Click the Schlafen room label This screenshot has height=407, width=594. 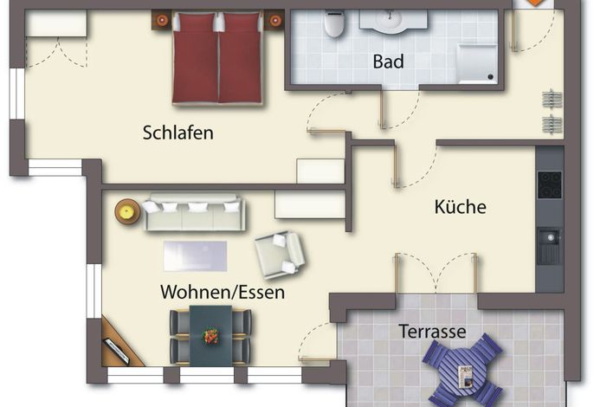[178, 132]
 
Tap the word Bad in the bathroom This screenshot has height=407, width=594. [388, 61]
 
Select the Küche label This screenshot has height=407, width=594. [461, 207]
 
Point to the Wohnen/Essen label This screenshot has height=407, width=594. [223, 292]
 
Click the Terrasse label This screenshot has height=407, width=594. [432, 331]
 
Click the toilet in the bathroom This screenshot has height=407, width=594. [333, 23]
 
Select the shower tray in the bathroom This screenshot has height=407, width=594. [476, 63]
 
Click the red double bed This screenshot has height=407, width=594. [217, 58]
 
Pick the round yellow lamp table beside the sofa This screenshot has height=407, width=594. [127, 211]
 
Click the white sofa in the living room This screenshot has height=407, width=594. [194, 212]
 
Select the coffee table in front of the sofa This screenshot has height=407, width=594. [195, 256]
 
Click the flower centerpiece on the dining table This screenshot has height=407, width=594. [210, 336]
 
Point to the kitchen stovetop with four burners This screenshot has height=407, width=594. [549, 185]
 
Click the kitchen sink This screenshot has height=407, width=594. [548, 246]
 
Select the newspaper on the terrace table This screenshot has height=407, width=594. [466, 377]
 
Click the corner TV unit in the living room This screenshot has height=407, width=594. [120, 343]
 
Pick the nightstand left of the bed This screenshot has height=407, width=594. [162, 20]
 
